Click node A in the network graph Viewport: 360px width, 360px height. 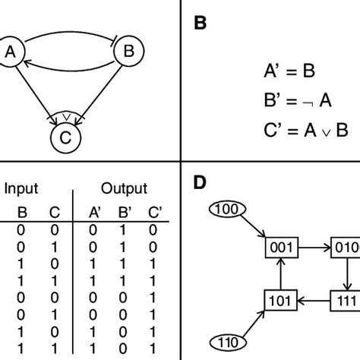[x=11, y=52]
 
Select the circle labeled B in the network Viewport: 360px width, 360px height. [x=128, y=52]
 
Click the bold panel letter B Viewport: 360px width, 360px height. [x=199, y=24]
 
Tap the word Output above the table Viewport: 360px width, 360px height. [x=124, y=188]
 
